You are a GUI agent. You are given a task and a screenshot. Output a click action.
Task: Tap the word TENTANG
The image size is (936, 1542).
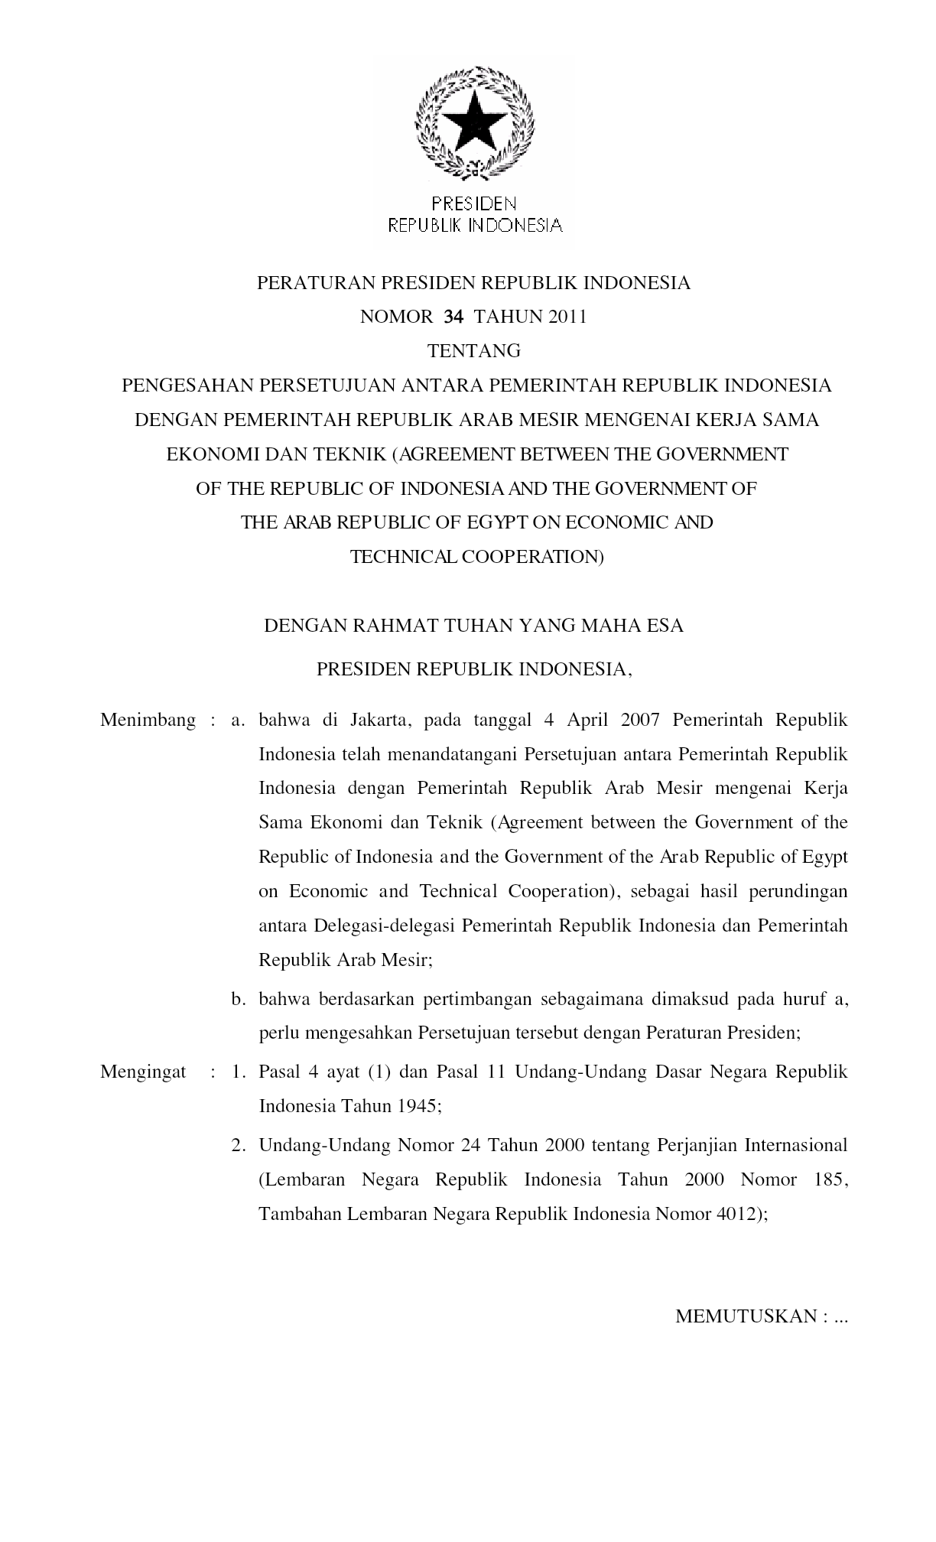474,351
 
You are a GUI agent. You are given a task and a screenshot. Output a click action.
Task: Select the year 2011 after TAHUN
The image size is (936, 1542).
567,317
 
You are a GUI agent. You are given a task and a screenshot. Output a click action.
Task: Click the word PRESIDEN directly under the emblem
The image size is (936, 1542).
474,203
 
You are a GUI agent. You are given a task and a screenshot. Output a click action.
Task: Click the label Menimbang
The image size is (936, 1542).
148,721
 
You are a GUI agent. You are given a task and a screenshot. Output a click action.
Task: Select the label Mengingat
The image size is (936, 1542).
143,1072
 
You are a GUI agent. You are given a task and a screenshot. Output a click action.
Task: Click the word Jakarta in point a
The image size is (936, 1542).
382,721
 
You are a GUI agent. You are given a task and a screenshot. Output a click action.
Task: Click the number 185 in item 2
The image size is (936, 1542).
830,1179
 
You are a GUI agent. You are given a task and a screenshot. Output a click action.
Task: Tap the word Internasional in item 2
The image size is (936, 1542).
795,1145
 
